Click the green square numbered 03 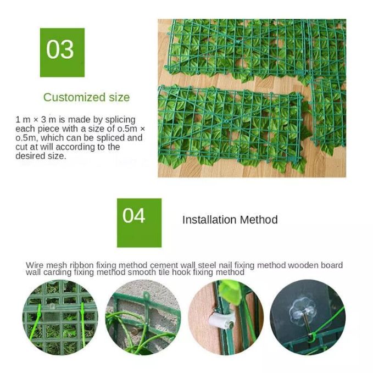(62, 52)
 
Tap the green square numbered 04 (139, 222)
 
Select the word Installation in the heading (210, 220)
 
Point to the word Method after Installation (259, 220)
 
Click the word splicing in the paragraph (120, 120)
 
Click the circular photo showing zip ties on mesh (60, 318)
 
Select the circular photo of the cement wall (143, 318)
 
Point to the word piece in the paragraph (48, 129)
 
